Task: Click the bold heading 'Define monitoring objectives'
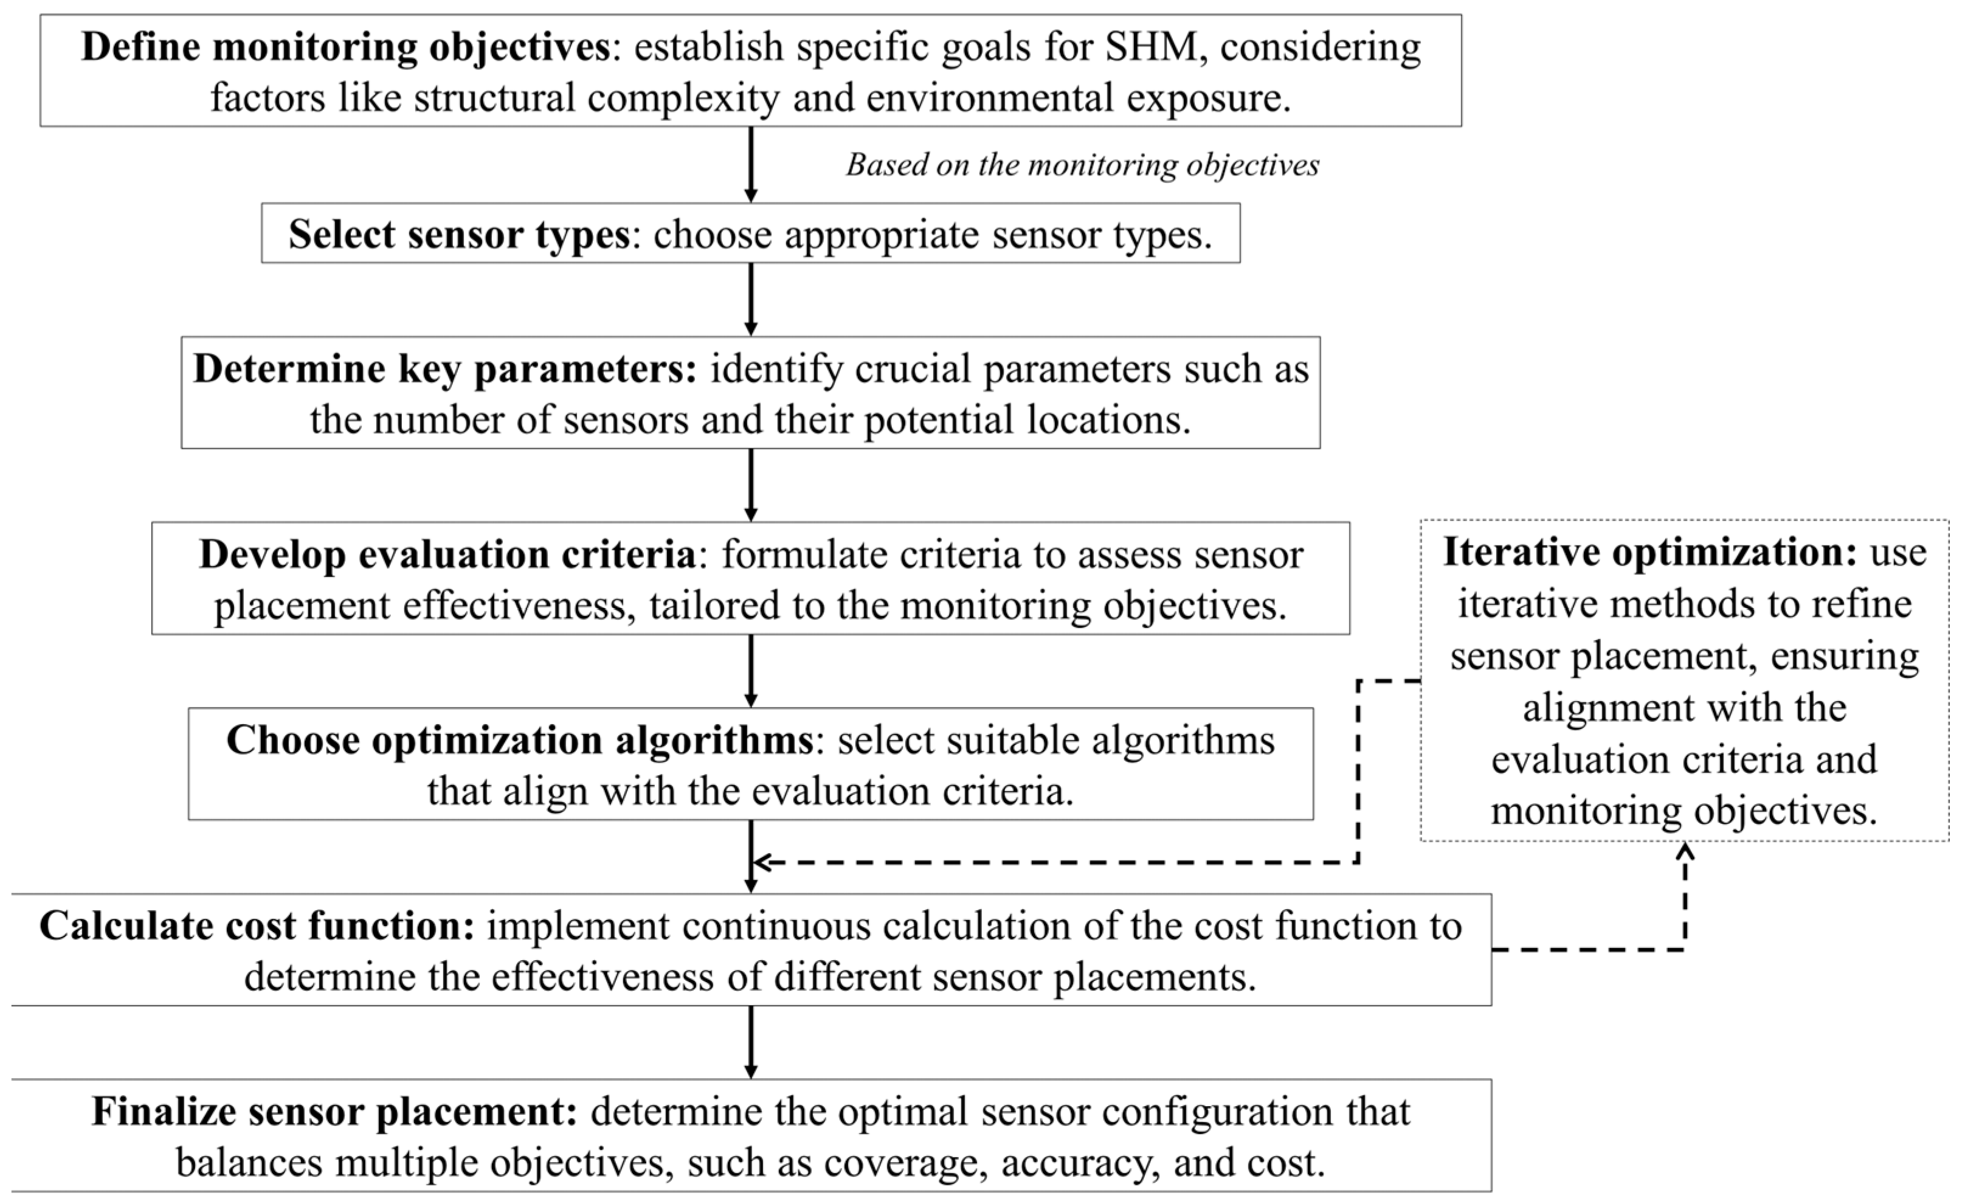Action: pos(345,47)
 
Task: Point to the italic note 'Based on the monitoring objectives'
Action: pos(1082,165)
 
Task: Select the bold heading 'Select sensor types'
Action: pos(458,234)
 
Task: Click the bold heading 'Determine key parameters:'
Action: pos(445,368)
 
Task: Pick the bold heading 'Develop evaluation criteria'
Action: pos(447,554)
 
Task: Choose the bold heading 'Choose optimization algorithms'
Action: pos(519,740)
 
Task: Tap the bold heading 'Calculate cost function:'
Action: pos(257,926)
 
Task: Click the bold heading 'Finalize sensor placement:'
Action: pos(334,1112)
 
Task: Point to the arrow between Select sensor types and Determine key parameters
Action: pos(750,299)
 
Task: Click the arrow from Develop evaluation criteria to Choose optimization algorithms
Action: pos(750,671)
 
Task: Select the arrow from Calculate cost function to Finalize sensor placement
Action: pos(750,1042)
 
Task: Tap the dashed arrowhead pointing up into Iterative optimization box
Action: pos(1685,852)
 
